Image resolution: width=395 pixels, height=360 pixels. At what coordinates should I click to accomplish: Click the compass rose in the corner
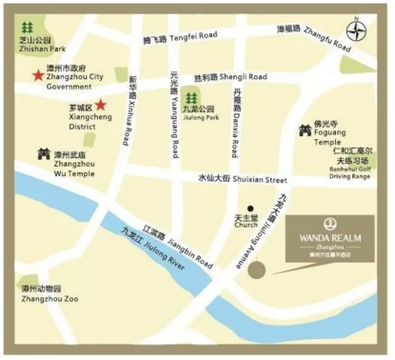[358, 30]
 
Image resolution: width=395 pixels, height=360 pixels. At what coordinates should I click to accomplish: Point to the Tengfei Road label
[180, 38]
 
